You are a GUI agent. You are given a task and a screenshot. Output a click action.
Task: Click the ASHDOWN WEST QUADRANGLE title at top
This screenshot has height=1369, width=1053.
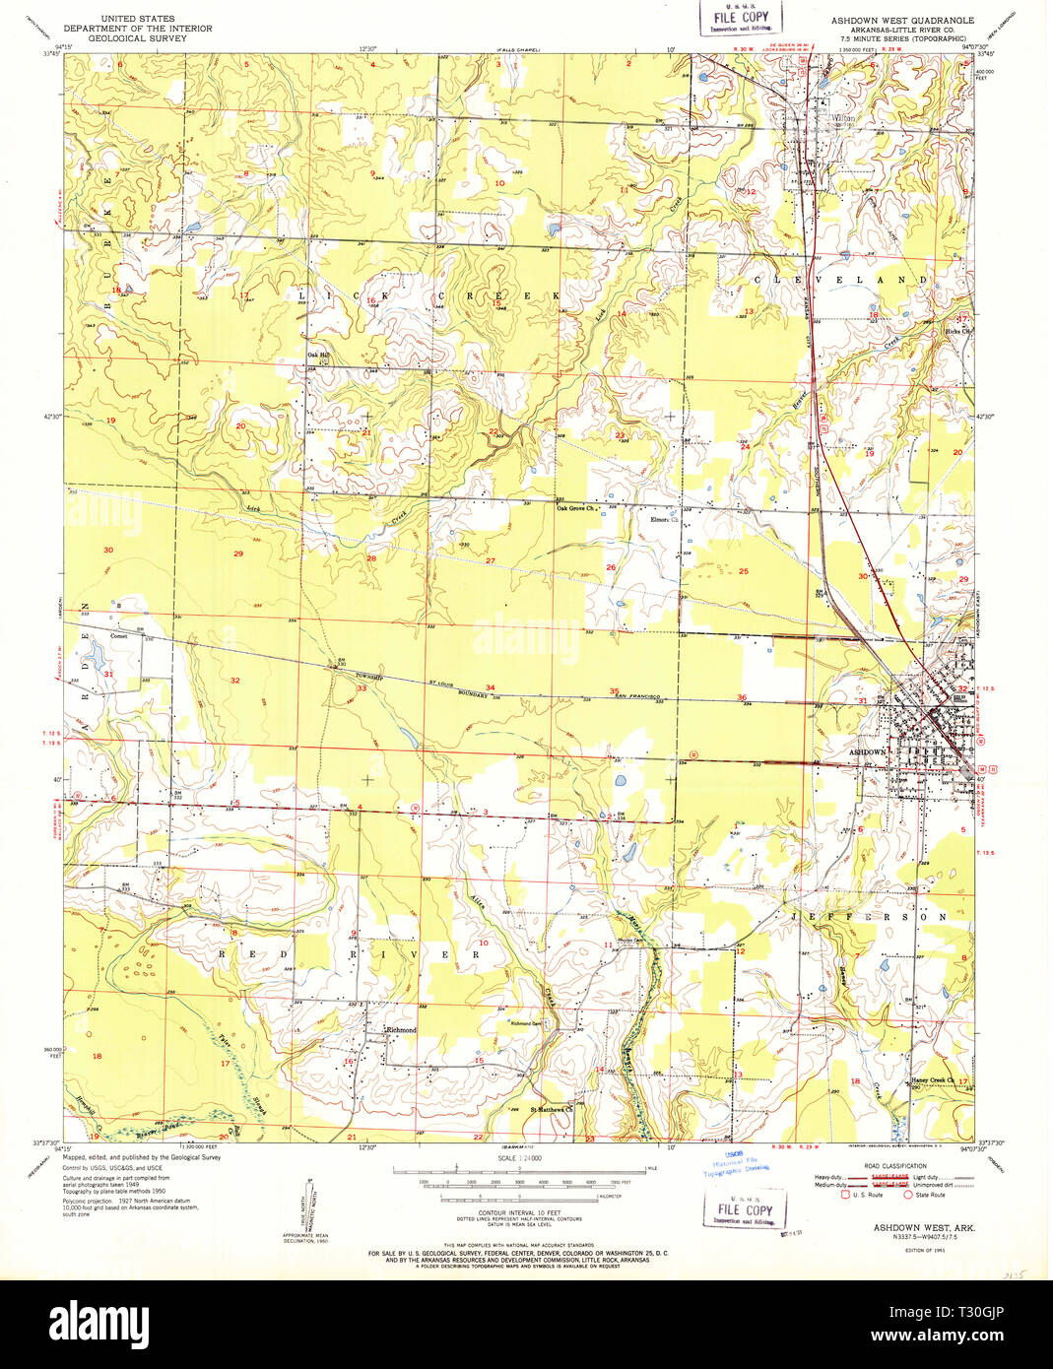point(901,20)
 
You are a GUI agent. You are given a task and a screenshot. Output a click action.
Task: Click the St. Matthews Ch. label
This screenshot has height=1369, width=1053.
point(552,1109)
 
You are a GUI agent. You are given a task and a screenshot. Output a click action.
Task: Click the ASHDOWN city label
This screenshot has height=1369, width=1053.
point(868,751)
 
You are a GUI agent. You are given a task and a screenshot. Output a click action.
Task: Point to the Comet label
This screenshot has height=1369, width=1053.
point(119,636)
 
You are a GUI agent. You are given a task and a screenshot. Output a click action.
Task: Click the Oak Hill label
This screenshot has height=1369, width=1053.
point(318,356)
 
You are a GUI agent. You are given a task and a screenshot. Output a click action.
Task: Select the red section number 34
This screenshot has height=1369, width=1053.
point(490,687)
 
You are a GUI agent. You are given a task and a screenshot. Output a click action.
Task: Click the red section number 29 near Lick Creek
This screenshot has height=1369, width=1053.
point(238,554)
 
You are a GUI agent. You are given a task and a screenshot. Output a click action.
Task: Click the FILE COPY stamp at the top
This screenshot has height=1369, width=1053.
point(741,17)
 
